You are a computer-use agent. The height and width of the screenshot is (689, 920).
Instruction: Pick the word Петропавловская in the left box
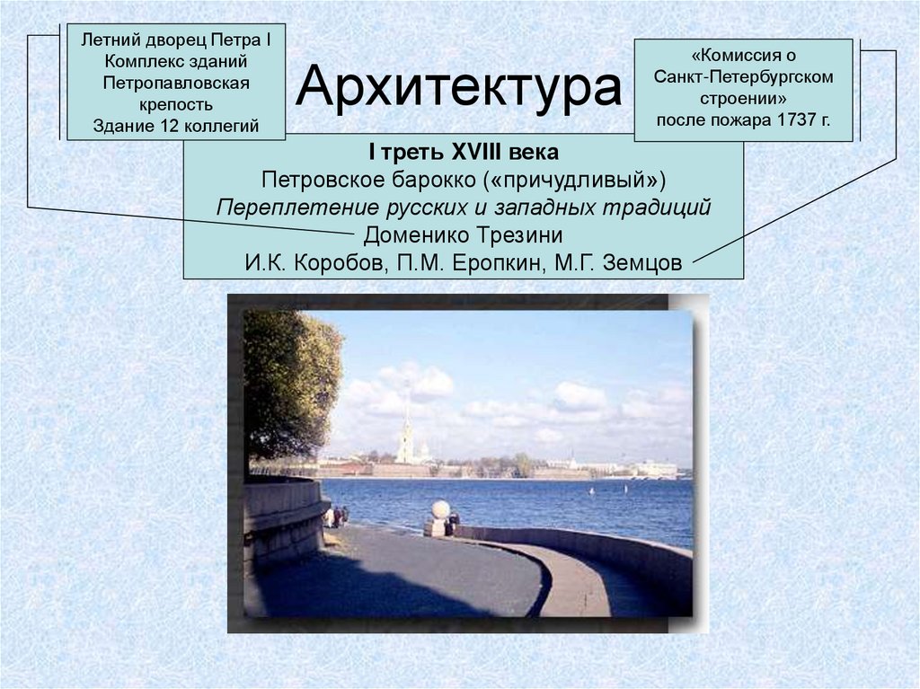(x=176, y=84)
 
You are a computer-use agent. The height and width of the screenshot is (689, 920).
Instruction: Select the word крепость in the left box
(x=176, y=105)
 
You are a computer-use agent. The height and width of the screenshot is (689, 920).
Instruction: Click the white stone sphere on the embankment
(x=440, y=509)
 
